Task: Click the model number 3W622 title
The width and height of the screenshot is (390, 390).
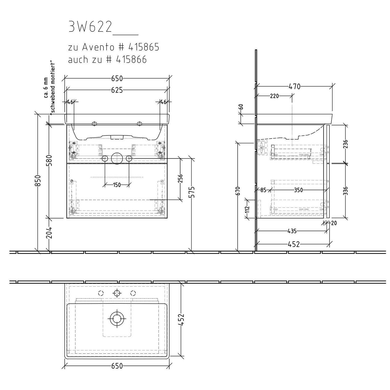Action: click(x=90, y=27)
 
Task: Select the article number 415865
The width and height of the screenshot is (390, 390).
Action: click(x=144, y=47)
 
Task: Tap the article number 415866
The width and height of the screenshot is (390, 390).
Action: click(x=131, y=60)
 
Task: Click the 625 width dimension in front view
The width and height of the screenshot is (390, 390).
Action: click(x=117, y=90)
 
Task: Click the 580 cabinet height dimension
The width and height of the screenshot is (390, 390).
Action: click(x=50, y=160)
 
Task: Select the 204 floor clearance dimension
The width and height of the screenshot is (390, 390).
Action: click(x=50, y=232)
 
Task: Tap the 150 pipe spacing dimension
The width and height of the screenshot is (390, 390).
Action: click(x=117, y=185)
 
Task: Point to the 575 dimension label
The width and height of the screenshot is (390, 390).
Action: click(x=193, y=192)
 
